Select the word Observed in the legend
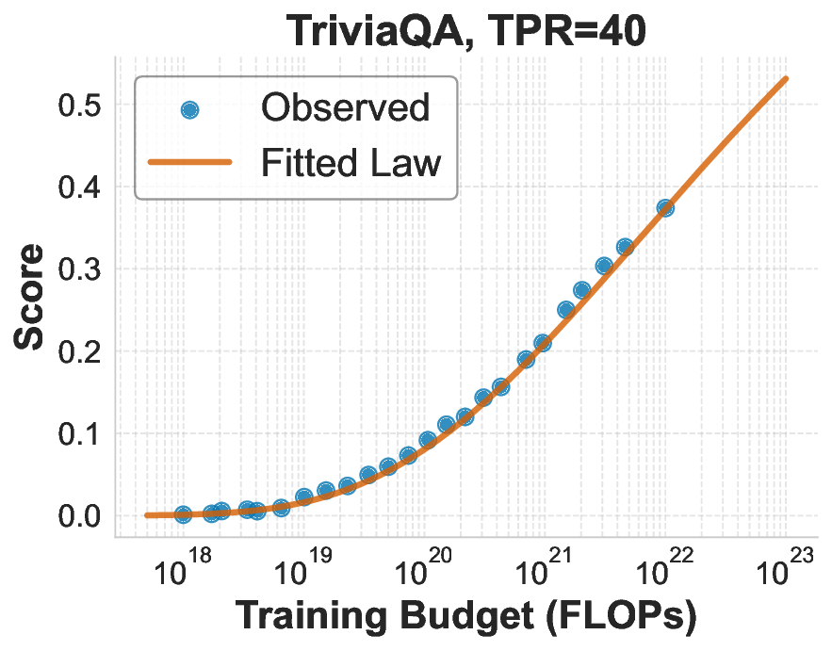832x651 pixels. pyautogui.click(x=345, y=108)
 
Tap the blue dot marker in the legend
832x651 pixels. pyautogui.click(x=189, y=109)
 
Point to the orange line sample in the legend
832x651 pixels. pyautogui.click(x=189, y=163)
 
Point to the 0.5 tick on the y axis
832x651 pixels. pyautogui.click(x=80, y=106)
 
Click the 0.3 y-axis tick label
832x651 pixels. pyautogui.click(x=80, y=270)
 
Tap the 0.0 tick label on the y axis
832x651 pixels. pyautogui.click(x=80, y=516)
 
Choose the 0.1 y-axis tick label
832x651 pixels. pyautogui.click(x=80, y=434)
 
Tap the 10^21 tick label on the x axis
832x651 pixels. pyautogui.click(x=543, y=569)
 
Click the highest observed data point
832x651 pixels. pyautogui.click(x=665, y=207)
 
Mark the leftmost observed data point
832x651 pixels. pyautogui.click(x=183, y=514)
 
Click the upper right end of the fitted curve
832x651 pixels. pyautogui.click(x=786, y=78)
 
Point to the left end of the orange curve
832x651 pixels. pyautogui.click(x=148, y=515)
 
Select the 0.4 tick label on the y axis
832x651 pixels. pyautogui.click(x=80, y=187)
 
